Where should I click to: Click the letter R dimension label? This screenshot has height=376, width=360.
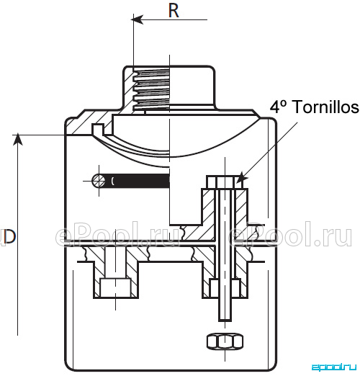174,11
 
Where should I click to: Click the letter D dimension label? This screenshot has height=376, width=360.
9,237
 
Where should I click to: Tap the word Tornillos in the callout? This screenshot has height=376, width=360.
326,107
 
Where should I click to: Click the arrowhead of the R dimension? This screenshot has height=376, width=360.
138,19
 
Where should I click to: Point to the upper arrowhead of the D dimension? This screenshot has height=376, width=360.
17,140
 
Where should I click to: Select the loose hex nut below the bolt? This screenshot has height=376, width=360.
225,341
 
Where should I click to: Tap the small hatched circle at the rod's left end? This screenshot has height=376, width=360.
99,181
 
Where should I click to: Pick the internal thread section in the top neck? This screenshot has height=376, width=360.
151,89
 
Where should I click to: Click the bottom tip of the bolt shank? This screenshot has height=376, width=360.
225,321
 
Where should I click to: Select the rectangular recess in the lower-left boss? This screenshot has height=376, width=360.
116,287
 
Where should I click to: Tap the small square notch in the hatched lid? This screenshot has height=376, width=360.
98,128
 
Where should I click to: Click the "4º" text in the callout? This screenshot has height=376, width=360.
279,107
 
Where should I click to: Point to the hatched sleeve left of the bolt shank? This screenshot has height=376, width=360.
208,207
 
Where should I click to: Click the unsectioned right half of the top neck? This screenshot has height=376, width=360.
192,86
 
